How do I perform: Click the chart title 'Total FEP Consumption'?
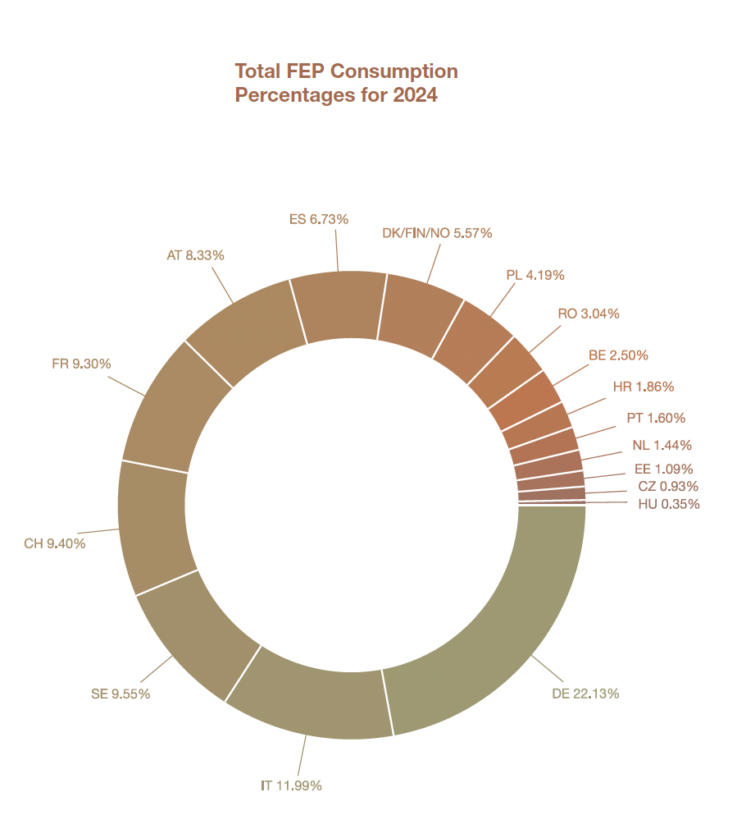[x=346, y=71]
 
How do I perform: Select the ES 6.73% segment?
[x=338, y=304]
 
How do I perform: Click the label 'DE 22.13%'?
[x=585, y=694]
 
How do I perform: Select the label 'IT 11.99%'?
[x=291, y=785]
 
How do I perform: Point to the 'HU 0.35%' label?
[x=669, y=504]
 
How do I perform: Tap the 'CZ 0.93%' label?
[x=668, y=487]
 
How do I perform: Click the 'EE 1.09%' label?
[x=664, y=469]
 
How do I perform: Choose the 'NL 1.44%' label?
[x=662, y=446]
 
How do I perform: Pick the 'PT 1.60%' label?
[x=656, y=418]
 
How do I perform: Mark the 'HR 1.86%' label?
[x=644, y=387]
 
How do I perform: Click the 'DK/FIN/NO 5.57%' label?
[x=437, y=233]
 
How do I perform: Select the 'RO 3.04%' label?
[x=589, y=314]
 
